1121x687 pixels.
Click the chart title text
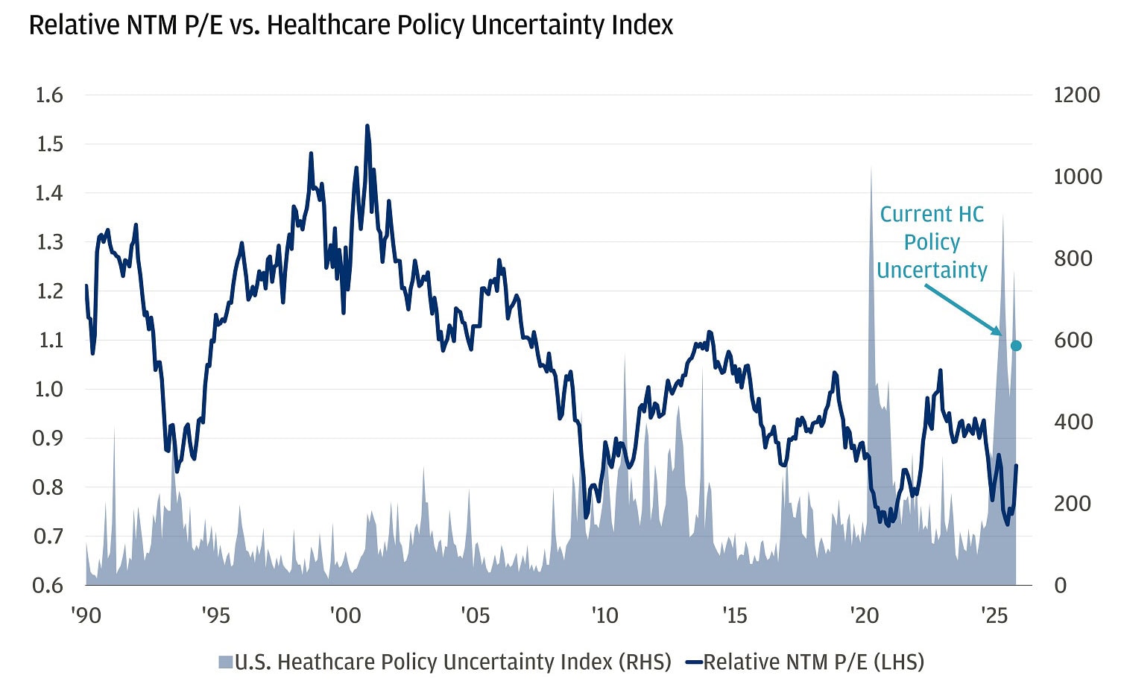tap(350, 25)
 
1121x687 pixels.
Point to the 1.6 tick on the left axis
tap(49, 95)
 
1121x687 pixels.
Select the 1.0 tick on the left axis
tap(49, 389)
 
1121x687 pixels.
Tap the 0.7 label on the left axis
tap(49, 536)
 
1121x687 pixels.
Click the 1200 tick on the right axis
tap(1076, 95)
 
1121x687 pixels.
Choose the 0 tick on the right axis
tap(1060, 585)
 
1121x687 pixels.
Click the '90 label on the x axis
tap(86, 615)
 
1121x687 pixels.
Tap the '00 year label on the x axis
tap(345, 615)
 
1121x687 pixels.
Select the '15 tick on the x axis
tap(734, 615)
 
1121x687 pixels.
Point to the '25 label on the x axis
tap(994, 615)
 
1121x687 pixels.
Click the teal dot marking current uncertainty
tap(1015, 346)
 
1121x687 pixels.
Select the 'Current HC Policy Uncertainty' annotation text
tap(932, 242)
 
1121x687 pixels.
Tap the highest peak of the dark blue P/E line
tap(367, 127)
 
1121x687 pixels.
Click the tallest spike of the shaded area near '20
tap(871, 170)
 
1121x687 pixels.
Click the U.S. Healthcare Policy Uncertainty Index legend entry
tap(452, 662)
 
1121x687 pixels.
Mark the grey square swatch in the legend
tap(225, 662)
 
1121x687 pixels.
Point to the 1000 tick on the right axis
tap(1076, 177)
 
